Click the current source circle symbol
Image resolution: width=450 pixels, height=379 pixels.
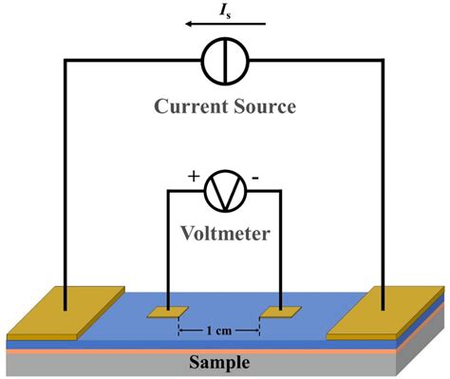[224, 62]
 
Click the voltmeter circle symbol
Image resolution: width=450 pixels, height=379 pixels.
[225, 191]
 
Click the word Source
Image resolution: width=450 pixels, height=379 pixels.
[265, 106]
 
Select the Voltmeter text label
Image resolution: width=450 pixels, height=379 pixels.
[225, 231]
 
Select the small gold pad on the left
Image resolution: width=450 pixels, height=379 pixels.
[168, 312]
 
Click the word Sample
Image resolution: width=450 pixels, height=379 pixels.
[219, 363]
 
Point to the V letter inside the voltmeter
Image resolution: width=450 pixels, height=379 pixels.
[225, 192]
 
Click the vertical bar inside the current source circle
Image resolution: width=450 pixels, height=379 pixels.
[224, 62]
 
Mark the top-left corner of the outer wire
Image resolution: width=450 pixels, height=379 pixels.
[65, 62]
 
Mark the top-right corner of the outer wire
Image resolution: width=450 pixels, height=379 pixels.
[384, 62]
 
